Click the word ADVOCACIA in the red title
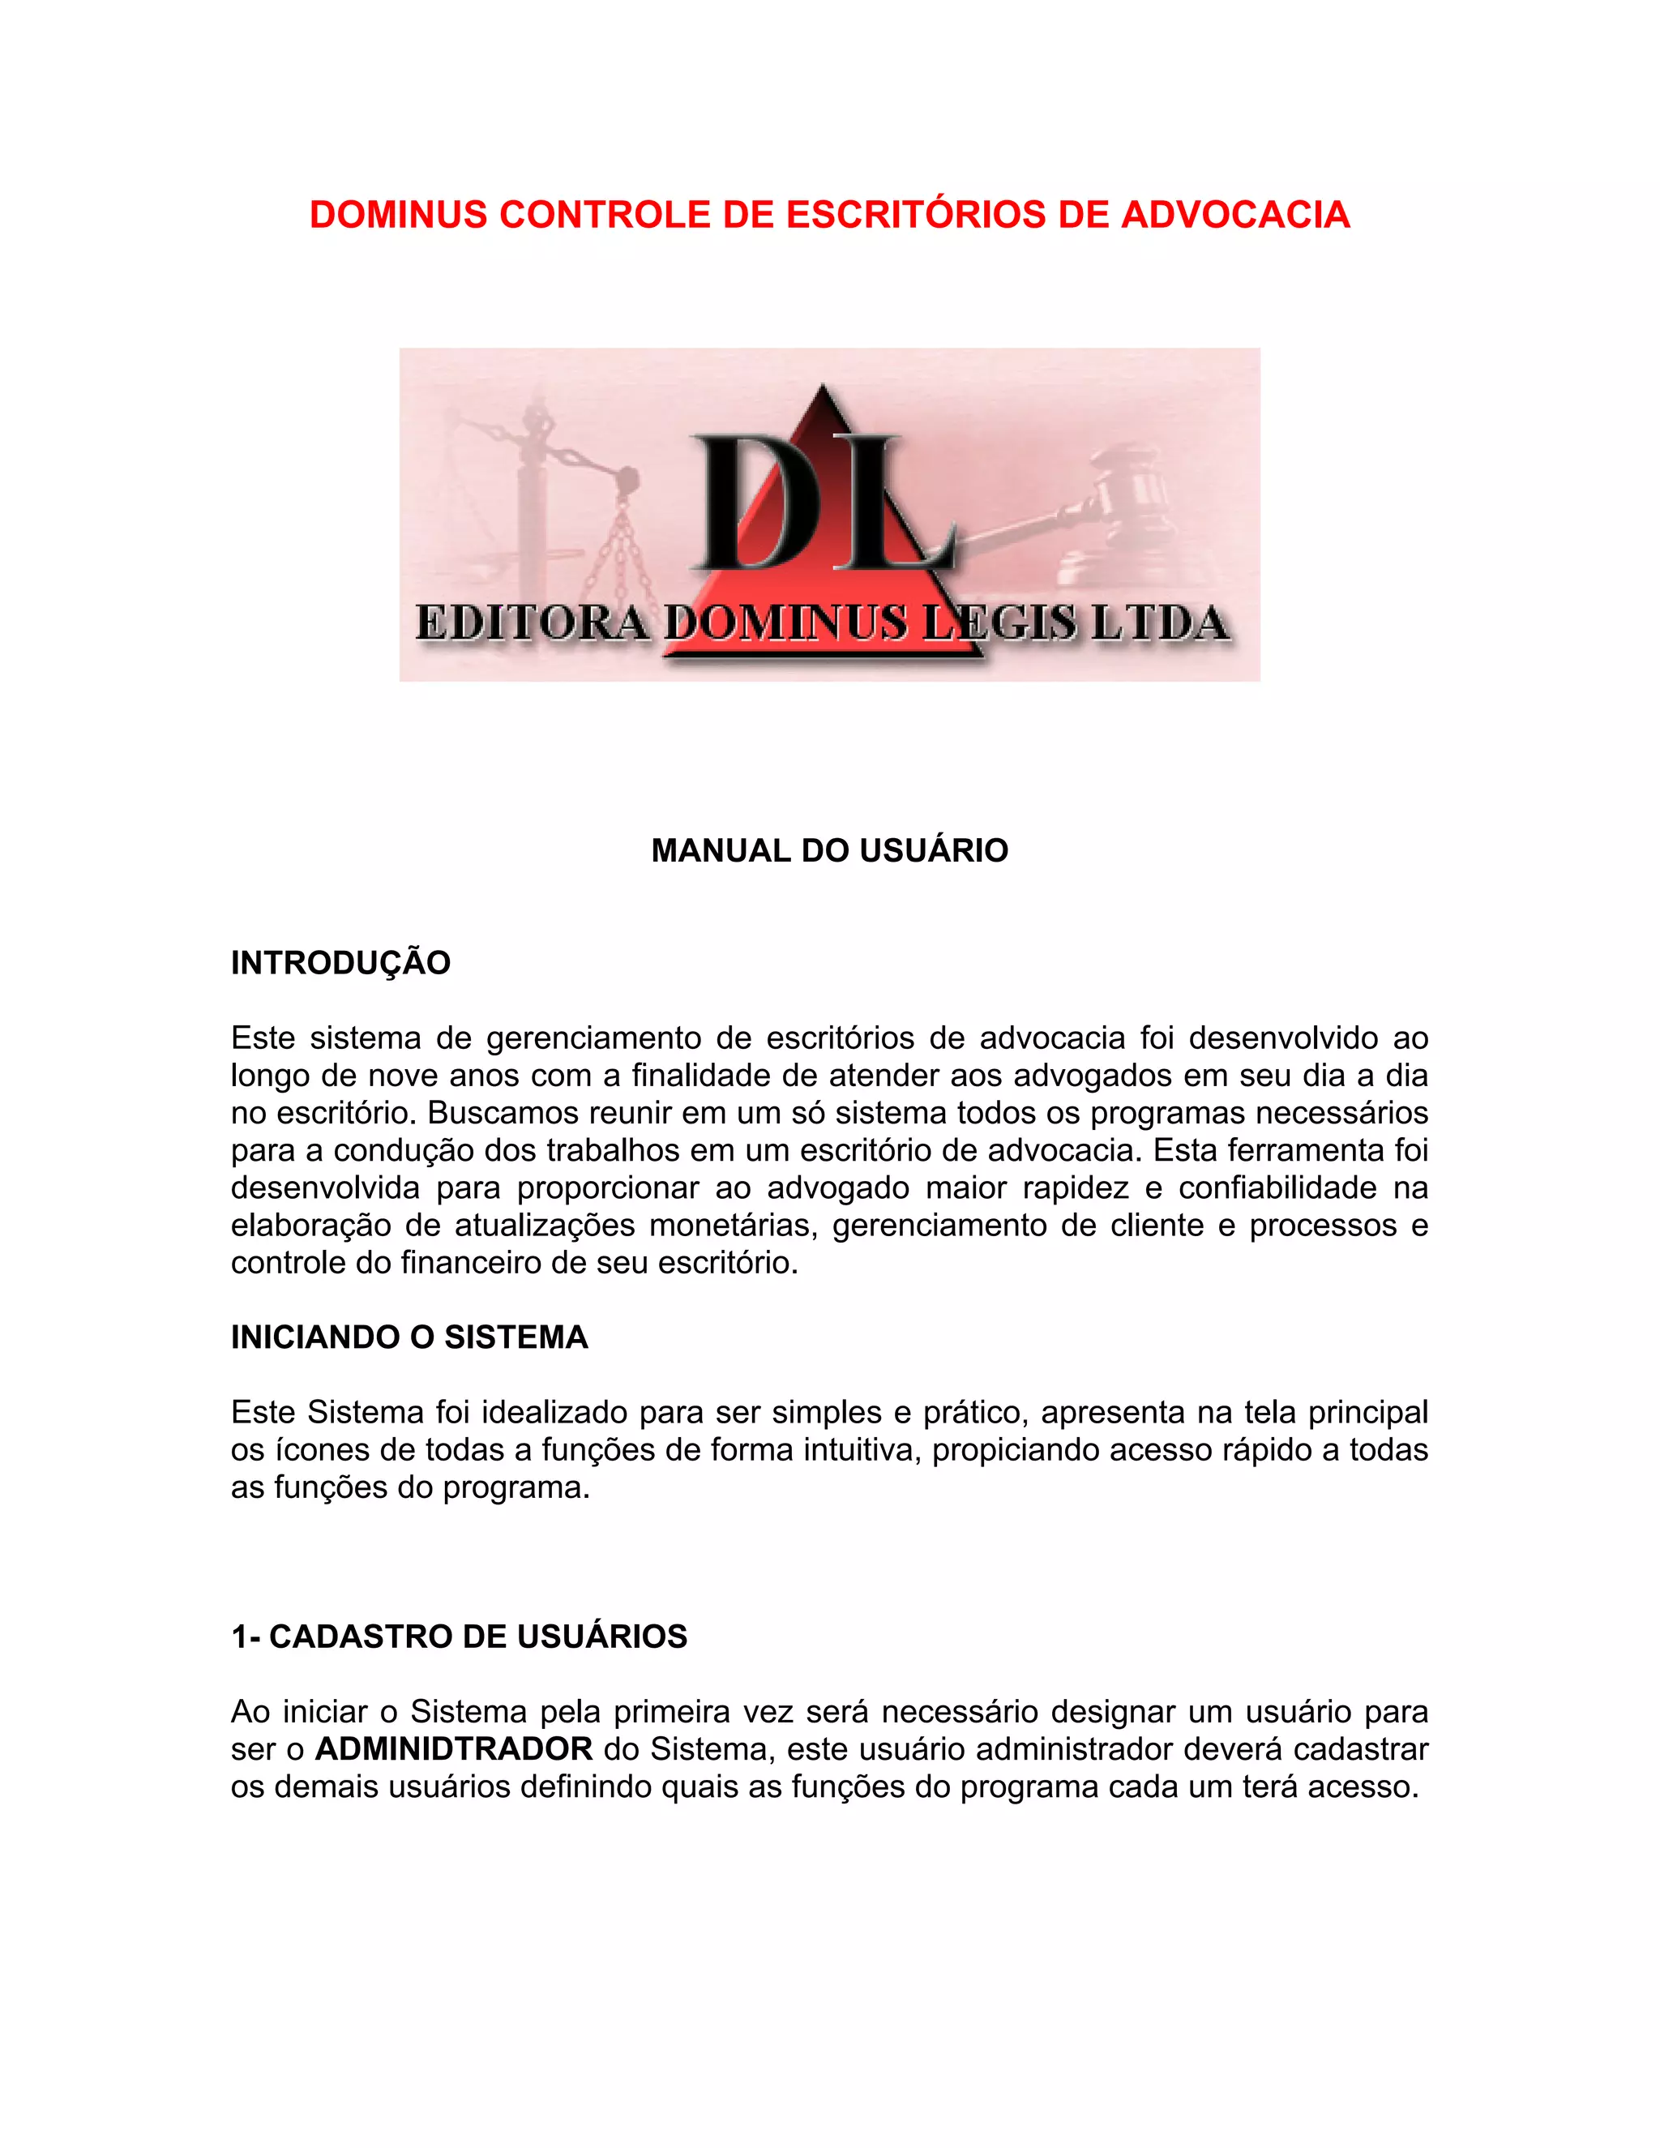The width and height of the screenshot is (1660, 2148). pyautogui.click(x=1235, y=215)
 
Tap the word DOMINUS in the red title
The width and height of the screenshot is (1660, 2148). pyautogui.click(x=398, y=215)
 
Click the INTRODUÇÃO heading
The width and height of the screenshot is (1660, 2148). pyautogui.click(x=340, y=963)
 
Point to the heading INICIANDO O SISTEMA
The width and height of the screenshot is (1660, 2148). pyautogui.click(x=409, y=1337)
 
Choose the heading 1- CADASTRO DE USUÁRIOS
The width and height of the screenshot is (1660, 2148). pyautogui.click(x=458, y=1637)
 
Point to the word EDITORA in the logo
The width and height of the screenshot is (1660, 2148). pyautogui.click(x=531, y=623)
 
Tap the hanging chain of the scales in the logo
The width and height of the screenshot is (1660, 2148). pyautogui.click(x=619, y=550)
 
